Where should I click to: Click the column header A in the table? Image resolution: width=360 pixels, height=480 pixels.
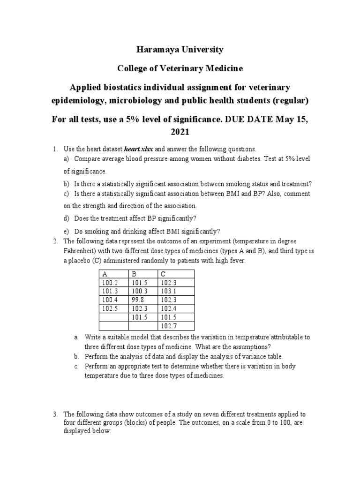pyautogui.click(x=104, y=274)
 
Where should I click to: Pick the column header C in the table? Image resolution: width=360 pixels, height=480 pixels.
pyautogui.click(x=163, y=274)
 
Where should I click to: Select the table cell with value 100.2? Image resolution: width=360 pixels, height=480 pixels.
pyautogui.click(x=109, y=283)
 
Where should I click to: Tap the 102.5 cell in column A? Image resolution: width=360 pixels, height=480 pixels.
pyautogui.click(x=109, y=308)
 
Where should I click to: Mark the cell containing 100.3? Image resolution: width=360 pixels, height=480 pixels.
pyautogui.click(x=139, y=291)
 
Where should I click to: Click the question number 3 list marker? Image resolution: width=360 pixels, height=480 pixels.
pyautogui.click(x=55, y=414)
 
